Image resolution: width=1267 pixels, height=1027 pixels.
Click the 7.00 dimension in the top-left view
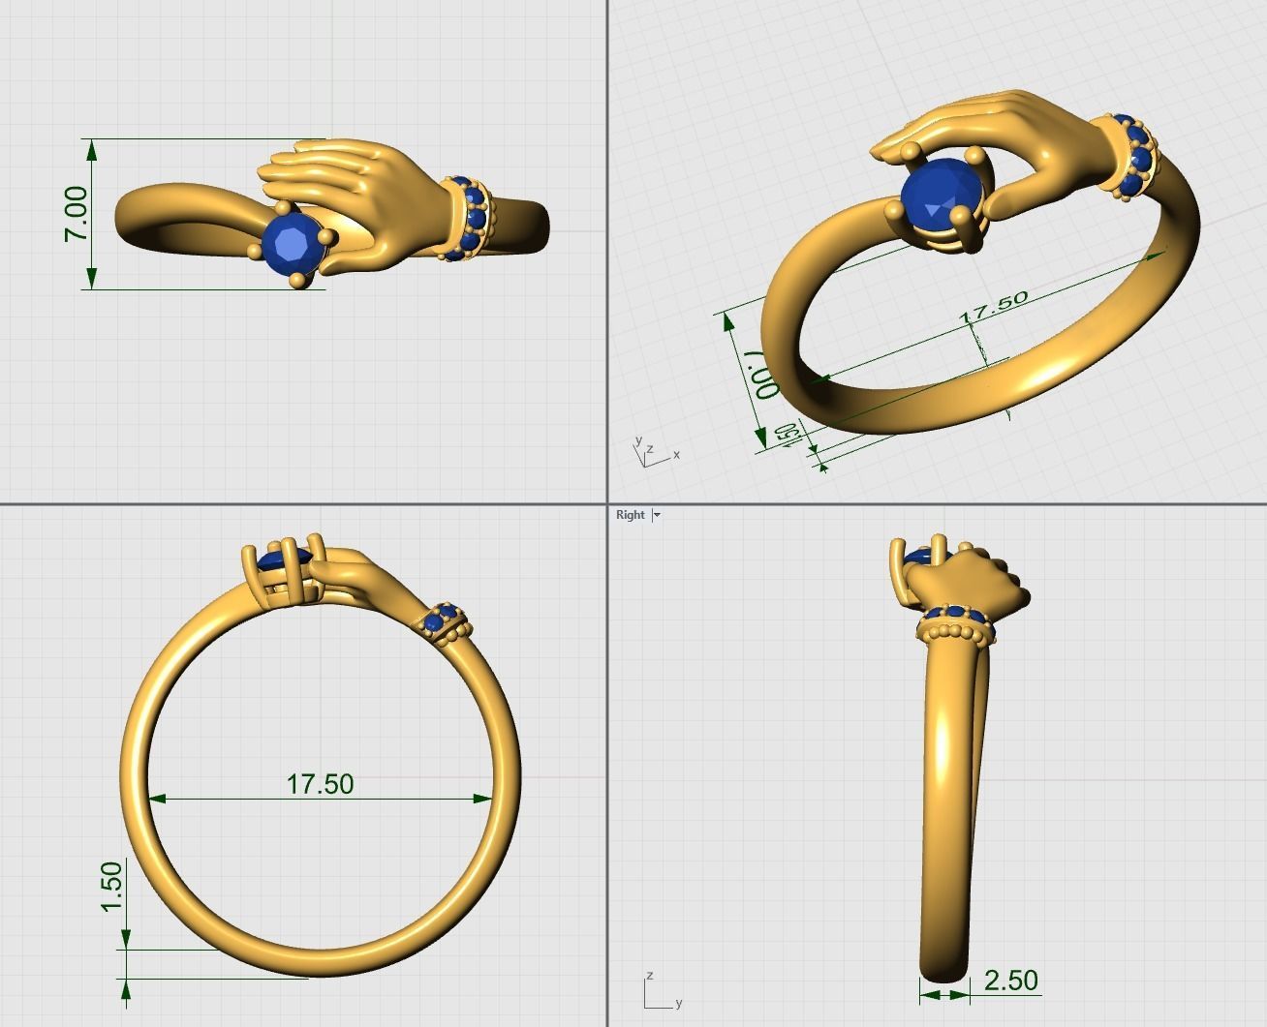pos(77,214)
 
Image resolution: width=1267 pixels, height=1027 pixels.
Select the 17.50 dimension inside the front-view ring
pos(320,783)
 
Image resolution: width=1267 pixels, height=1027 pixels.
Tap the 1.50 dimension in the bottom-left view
pos(111,886)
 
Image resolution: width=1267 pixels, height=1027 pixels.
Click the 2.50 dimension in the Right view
pos(1010,981)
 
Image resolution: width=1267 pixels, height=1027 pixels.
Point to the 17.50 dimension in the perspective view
pos(993,307)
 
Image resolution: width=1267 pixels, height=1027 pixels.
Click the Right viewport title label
pos(630,515)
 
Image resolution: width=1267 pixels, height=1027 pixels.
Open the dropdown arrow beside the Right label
pos(657,515)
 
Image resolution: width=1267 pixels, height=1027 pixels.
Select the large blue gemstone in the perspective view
pos(941,198)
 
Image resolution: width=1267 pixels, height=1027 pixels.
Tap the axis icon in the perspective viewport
pos(653,452)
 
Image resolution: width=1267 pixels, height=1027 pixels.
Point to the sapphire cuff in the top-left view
pos(468,219)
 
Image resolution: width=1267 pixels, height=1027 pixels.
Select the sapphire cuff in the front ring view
pos(447,619)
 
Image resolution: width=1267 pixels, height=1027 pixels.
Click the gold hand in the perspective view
pos(1017,136)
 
